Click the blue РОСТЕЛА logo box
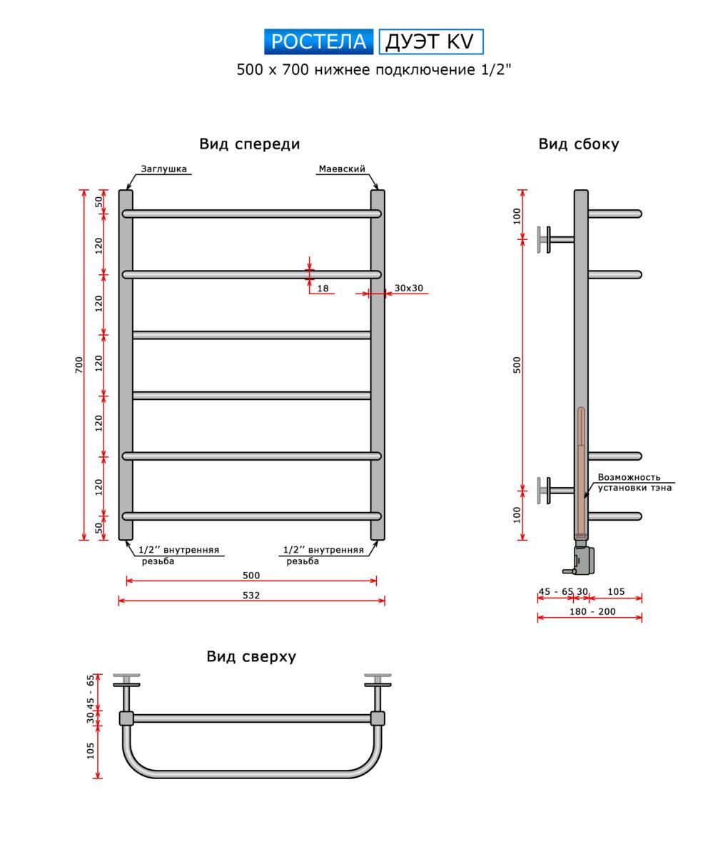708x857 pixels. click(x=318, y=41)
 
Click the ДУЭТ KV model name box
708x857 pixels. click(x=430, y=41)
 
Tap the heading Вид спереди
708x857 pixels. click(x=249, y=144)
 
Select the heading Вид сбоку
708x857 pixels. click(x=579, y=144)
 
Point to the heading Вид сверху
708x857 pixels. click(x=251, y=656)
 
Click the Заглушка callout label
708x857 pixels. click(x=163, y=169)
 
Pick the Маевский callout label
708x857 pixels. click(x=341, y=169)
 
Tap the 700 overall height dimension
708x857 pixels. click(x=79, y=364)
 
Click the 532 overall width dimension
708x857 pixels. click(x=251, y=595)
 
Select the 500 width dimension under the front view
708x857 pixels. click(x=251, y=575)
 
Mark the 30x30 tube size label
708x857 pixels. click(x=409, y=289)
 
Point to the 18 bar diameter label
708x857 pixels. click(x=323, y=289)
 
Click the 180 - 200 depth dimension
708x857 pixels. click(x=592, y=611)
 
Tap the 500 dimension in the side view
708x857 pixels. click(x=517, y=364)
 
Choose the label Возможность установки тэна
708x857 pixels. click(x=634, y=483)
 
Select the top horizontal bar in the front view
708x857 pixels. click(x=251, y=214)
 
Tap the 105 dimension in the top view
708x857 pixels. click(x=91, y=751)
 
